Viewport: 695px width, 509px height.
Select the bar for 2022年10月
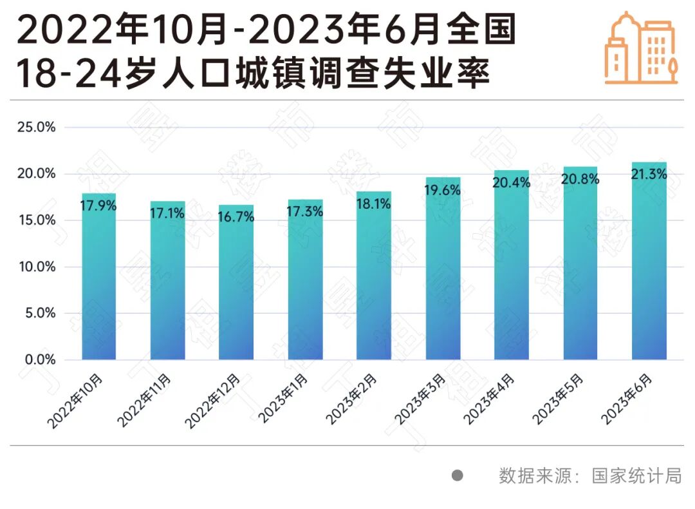99,277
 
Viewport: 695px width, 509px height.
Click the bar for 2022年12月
236,283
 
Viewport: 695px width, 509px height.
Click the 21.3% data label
649,174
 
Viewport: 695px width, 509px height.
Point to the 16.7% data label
236,217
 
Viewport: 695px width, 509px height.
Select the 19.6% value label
443,191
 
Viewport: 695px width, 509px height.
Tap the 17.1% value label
167,213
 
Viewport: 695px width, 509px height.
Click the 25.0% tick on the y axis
36,128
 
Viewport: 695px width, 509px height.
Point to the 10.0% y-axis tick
36,267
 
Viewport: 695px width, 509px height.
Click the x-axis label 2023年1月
282,399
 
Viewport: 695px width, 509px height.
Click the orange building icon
642,48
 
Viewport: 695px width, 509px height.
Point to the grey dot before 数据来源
458,476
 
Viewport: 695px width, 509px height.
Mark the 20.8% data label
580,180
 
